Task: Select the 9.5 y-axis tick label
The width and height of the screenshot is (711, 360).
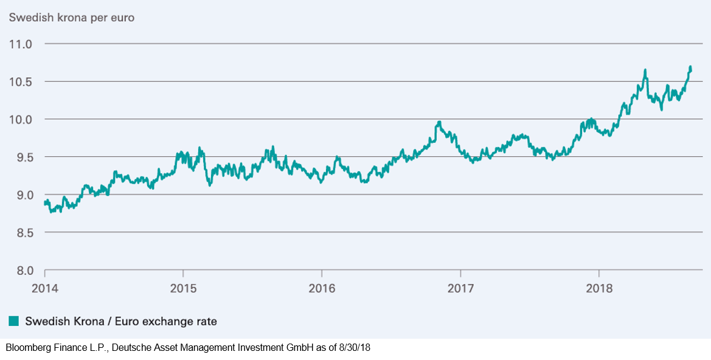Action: pos(23,157)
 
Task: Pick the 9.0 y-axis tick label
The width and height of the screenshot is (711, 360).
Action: pos(23,195)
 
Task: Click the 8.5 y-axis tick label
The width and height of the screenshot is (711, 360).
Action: pos(23,232)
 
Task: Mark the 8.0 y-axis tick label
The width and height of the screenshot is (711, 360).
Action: pos(23,270)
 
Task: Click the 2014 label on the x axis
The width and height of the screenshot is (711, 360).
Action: pos(44,288)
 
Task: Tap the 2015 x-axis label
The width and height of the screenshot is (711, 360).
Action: pos(182,288)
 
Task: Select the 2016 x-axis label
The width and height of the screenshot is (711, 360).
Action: pos(321,288)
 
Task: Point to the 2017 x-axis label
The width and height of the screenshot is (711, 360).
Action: pos(460,288)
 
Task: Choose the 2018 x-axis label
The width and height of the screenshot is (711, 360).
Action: pos(599,288)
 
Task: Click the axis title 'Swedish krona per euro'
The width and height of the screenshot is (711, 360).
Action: pos(72,18)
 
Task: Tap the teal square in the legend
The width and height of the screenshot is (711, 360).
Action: pos(14,322)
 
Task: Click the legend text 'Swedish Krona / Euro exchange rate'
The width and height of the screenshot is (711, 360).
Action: pos(121,322)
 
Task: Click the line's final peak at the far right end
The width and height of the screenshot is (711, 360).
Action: pos(690,67)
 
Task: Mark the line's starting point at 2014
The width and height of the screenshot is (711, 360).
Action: pos(44,204)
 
